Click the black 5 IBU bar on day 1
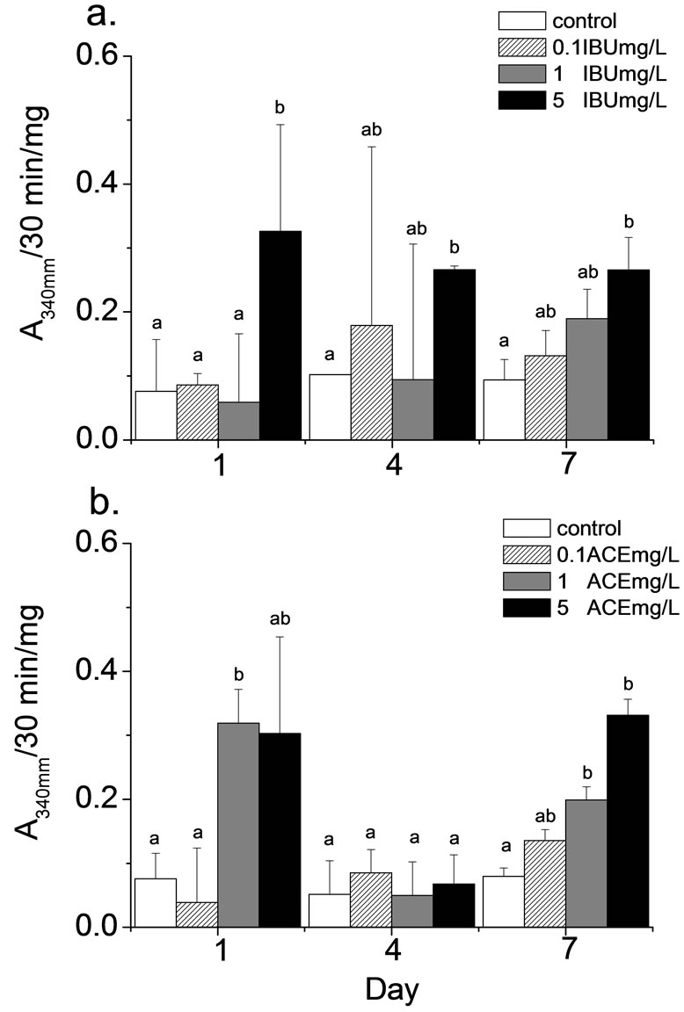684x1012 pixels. (x=280, y=335)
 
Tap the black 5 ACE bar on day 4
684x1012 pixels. (x=455, y=905)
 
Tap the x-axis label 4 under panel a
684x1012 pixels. (x=392, y=466)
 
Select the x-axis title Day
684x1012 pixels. (x=392, y=990)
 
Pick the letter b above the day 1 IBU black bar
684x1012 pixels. (x=280, y=108)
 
